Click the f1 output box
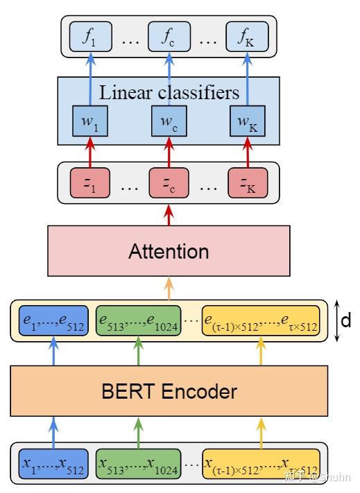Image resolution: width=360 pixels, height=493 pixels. click(x=89, y=38)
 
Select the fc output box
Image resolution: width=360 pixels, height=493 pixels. click(x=169, y=38)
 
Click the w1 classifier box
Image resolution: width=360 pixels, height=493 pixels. click(x=89, y=123)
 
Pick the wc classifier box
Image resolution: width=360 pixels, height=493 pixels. click(x=169, y=123)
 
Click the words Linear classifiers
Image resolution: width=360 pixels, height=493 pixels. click(x=169, y=92)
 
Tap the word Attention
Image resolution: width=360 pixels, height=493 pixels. click(x=169, y=251)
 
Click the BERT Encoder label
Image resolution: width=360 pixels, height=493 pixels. click(x=169, y=392)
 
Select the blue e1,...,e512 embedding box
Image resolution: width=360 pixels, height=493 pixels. click(x=53, y=320)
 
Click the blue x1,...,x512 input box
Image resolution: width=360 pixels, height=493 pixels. click(x=53, y=460)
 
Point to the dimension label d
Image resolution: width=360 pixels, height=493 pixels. click(x=345, y=320)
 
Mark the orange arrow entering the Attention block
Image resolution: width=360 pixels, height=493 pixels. click(x=169, y=286)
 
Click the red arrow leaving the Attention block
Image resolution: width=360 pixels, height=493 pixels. click(x=169, y=214)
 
